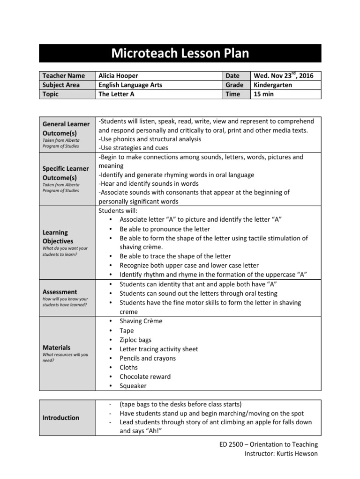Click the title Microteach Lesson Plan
180,53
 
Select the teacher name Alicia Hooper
118,76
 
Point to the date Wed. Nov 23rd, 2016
284,76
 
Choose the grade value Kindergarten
273,85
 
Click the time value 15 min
264,94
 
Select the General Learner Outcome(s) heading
66,128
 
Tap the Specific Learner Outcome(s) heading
66,174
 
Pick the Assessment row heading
60,292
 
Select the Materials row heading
57,348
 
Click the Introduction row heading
61,418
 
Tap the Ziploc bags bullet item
135,340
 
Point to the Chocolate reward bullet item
145,377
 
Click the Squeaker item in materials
133,386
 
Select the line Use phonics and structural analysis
150,139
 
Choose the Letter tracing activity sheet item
158,349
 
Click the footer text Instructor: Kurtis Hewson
281,454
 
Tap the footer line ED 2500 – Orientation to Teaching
269,444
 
